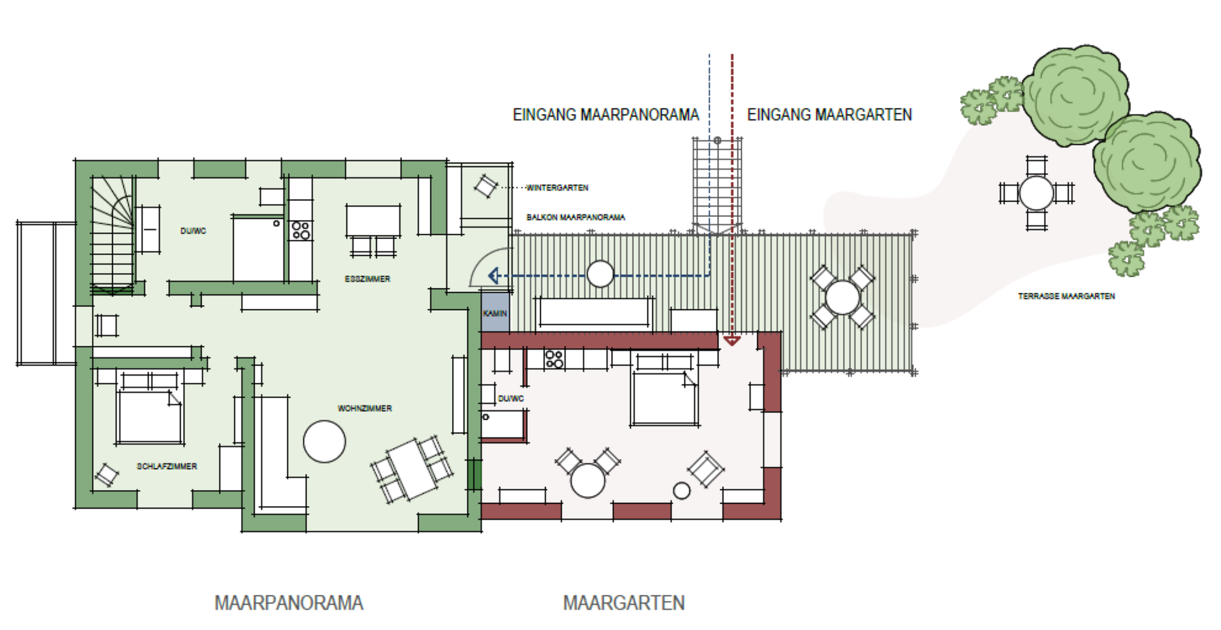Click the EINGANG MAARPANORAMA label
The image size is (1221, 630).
pos(605,114)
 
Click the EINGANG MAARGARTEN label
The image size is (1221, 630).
pos(829,114)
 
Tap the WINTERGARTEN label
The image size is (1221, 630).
pos(557,188)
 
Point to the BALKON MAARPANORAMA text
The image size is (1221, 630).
pos(576,217)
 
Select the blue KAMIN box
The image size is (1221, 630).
pos(495,312)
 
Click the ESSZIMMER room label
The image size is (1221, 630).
pos(368,279)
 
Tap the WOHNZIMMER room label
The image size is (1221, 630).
pos(364,408)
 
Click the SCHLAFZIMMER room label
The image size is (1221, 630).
pos(167,466)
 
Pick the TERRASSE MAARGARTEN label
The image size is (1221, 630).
pos(1066,296)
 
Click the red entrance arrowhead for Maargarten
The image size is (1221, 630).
pos(732,341)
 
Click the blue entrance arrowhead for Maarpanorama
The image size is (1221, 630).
pos(493,275)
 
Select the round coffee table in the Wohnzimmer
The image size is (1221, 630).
pos(324,441)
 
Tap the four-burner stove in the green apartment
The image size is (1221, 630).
pos(301,230)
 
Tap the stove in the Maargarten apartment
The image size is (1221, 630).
pos(554,359)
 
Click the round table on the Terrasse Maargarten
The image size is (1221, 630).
pos(1036,193)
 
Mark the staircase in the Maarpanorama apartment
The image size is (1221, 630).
pos(113,234)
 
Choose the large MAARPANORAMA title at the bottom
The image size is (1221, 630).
pos(289,603)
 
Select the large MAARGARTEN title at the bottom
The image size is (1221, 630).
pos(624,603)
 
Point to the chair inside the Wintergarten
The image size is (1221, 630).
pos(486,186)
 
